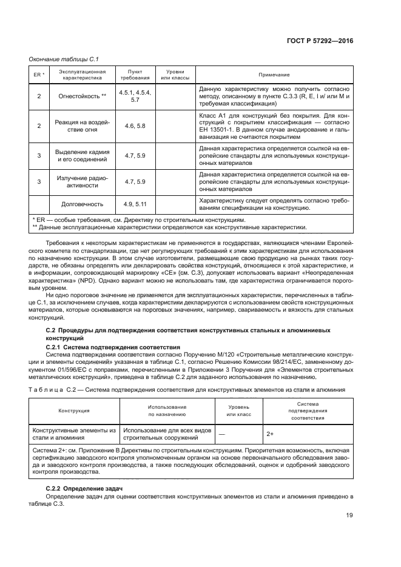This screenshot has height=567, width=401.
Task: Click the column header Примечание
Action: [x=274, y=75]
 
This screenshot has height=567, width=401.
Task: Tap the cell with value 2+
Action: [x=304, y=434]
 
